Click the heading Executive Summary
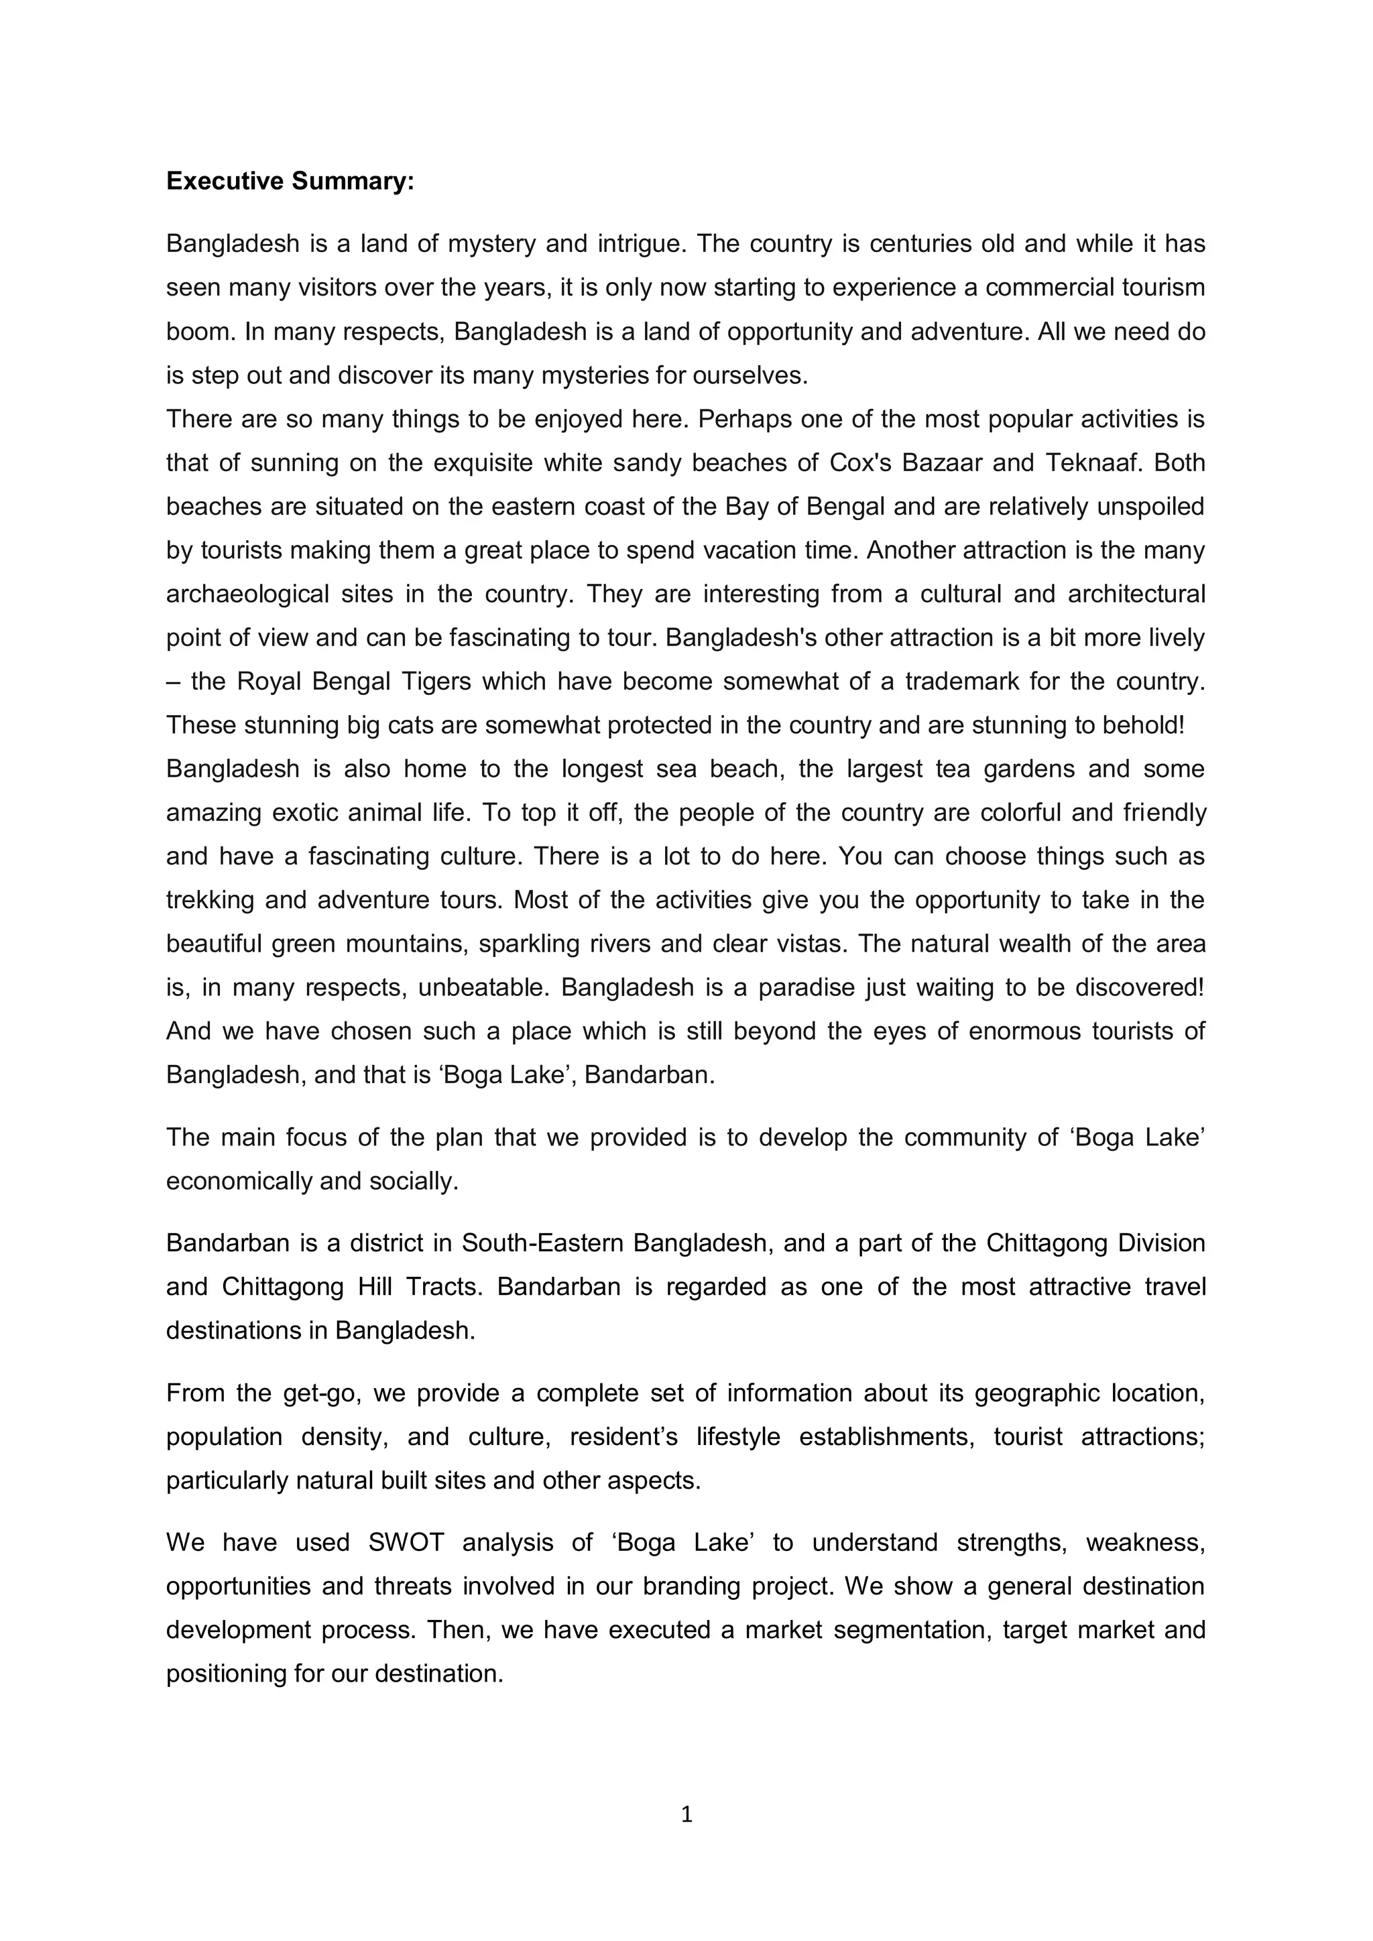click(x=290, y=181)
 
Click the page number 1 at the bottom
click(x=686, y=1814)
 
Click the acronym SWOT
click(x=406, y=1542)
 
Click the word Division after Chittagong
click(x=1162, y=1243)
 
